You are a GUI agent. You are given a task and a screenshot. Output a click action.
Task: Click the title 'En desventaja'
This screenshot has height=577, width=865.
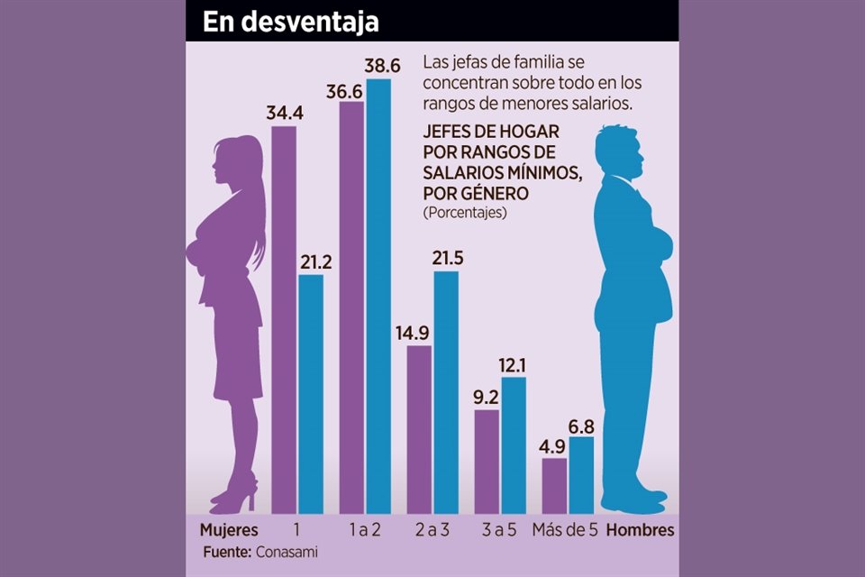pos(290,23)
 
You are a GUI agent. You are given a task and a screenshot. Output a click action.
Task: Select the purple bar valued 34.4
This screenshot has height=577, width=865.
pos(284,320)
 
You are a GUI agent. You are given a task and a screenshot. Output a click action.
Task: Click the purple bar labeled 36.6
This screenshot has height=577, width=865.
pos(351,307)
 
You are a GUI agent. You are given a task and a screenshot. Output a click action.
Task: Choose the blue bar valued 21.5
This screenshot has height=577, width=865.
pos(446,392)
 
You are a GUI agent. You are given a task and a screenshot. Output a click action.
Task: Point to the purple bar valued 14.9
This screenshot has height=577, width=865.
pos(419,429)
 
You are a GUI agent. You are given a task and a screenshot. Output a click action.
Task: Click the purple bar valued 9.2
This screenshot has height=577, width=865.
pos(487,462)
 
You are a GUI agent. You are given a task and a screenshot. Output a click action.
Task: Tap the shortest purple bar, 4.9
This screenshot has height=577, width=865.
pos(554,486)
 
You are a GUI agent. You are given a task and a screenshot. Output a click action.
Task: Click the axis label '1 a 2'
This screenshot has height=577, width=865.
pos(364,530)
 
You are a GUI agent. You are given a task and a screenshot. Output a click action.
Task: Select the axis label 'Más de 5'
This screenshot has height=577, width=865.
pos(566,530)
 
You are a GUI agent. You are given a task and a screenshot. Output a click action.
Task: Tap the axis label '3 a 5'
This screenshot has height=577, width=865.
pos(498,530)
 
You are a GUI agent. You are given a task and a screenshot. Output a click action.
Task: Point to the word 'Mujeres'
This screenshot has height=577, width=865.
pos(229,530)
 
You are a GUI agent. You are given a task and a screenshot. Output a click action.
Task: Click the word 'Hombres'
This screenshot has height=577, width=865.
pos(640,530)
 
